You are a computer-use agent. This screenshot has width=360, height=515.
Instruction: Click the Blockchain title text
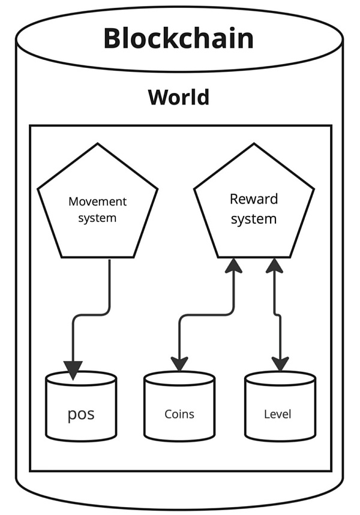tap(178, 38)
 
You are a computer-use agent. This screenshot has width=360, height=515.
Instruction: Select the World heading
tap(179, 97)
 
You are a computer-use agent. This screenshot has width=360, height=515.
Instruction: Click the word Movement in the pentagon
tap(97, 201)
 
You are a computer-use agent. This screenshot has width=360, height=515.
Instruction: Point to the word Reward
tap(254, 199)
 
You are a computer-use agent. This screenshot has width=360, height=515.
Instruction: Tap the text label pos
tap(81, 414)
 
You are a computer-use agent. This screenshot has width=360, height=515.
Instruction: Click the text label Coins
tap(179, 414)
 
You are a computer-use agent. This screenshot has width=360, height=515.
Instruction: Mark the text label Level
tap(277, 414)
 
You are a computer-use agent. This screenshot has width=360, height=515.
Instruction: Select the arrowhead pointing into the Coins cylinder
tap(179, 363)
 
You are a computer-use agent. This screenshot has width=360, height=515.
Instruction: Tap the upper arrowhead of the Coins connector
tap(233, 266)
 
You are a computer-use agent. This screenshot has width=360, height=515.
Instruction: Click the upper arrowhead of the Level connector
tap(274, 266)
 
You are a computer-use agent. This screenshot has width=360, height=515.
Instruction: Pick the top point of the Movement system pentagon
tap(97, 144)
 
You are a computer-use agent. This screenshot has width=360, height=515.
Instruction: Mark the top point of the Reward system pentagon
tap(253, 144)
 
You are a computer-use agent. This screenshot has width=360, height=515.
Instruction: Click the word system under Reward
tap(254, 219)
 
